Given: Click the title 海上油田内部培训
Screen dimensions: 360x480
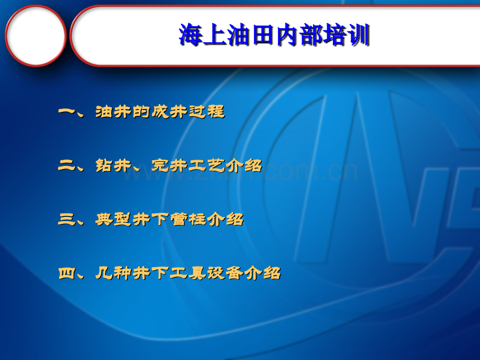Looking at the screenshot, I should pos(274,36).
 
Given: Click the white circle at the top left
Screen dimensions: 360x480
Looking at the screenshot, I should pos(36,35).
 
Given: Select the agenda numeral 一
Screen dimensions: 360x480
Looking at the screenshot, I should pos(66,112).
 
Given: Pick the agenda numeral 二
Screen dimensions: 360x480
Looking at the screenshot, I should pos(66,166).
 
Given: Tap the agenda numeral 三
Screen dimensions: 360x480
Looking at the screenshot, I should pos(66,220).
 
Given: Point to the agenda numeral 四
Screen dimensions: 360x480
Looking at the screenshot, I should pos(66,273).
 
